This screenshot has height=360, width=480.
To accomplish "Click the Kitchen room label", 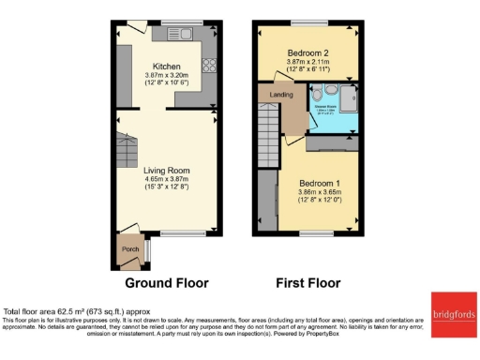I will [x=167, y=67].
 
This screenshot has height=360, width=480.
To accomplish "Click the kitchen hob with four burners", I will [x=207, y=67].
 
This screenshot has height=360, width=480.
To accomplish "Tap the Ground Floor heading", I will [x=167, y=282].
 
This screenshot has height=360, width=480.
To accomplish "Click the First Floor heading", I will [x=307, y=282].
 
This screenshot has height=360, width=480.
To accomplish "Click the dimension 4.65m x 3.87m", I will [x=167, y=180].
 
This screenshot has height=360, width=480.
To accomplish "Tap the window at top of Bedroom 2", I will [x=307, y=22].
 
